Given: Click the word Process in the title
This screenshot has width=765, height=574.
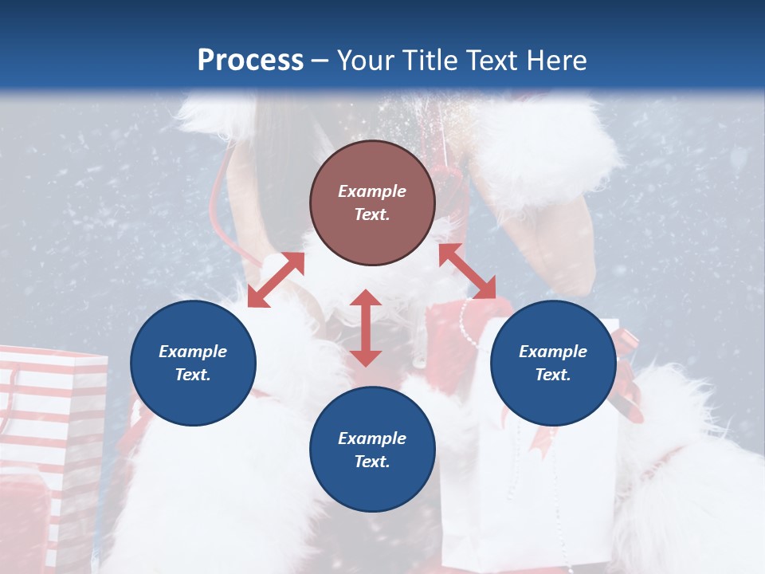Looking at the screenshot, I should point(250,61).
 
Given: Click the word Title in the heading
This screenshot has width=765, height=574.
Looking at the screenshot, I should point(427,61).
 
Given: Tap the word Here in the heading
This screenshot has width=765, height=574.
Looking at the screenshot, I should point(555,61).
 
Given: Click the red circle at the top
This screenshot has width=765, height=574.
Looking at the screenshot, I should point(372,202).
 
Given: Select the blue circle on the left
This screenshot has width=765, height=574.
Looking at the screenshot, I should point(193,363).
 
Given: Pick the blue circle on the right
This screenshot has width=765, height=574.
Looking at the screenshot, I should point(553,363).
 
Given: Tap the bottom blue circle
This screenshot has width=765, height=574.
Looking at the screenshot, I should point(372,449).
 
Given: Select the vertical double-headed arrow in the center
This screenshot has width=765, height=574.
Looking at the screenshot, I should point(366,328).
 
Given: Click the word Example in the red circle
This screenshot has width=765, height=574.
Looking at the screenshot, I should point(372,191).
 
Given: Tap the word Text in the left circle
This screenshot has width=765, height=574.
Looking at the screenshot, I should point(192,375).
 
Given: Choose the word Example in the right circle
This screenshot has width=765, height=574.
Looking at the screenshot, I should point(553,352).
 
